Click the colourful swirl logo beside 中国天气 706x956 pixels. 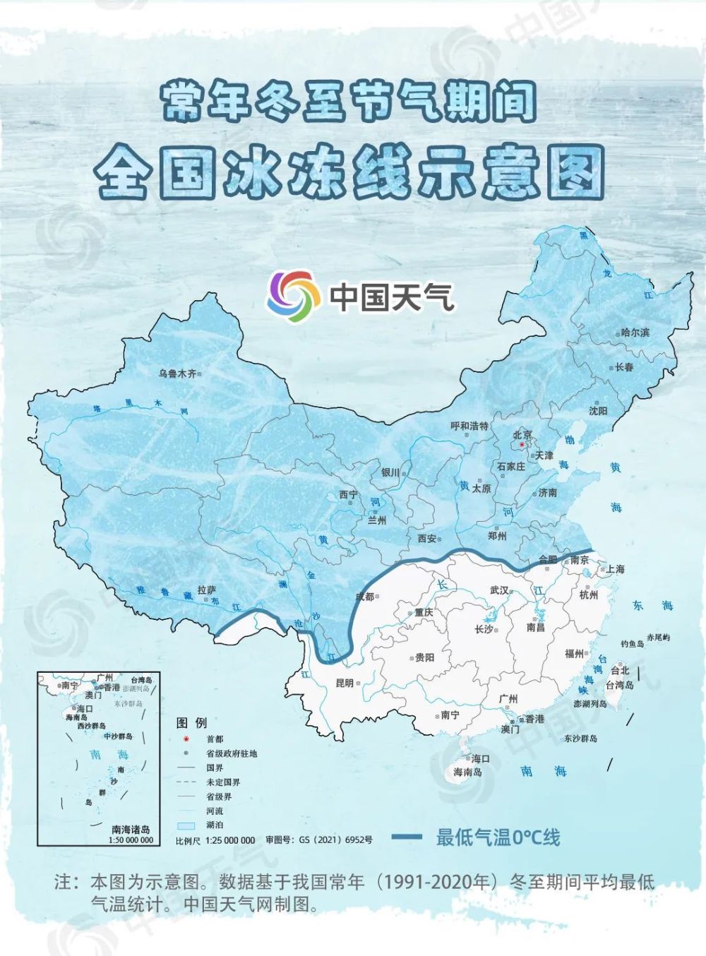click(290, 296)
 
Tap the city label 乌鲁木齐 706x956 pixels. click(177, 374)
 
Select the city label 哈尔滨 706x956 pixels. click(635, 333)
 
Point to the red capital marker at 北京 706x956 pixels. click(522, 446)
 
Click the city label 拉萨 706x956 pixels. click(207, 590)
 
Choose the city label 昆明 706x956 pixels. click(345, 683)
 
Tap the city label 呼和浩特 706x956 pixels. click(469, 426)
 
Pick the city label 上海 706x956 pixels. click(615, 568)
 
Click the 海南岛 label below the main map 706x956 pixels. click(467, 772)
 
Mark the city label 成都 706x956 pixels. click(364, 597)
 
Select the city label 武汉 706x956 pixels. click(499, 590)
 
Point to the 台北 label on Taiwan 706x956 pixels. click(620, 670)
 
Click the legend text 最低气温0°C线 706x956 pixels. click(498, 838)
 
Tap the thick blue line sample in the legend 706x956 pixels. click(406, 837)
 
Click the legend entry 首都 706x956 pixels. click(215, 739)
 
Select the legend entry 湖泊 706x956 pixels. click(215, 825)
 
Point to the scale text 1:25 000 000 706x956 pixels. click(230, 840)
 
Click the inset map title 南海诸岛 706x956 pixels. click(131, 830)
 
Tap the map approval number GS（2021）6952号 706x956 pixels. click(335, 840)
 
